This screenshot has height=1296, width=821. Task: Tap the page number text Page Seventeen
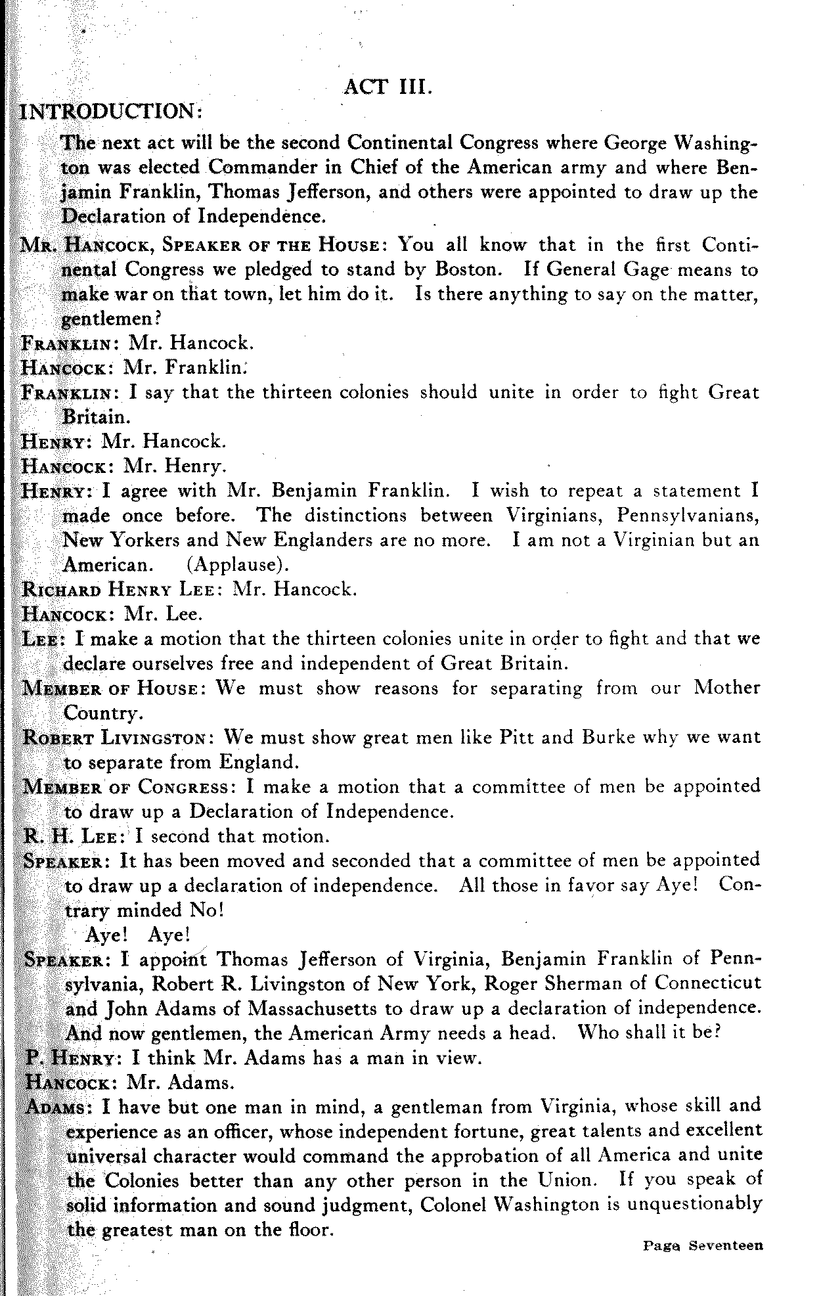coord(703,1245)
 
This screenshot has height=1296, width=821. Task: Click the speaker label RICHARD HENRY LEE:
coord(124,589)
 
